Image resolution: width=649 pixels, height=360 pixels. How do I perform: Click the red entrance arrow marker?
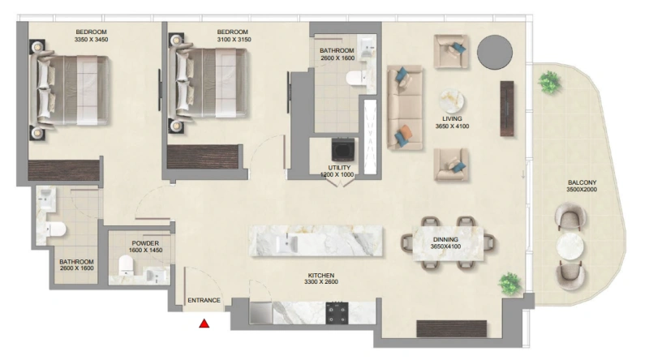coord(204,324)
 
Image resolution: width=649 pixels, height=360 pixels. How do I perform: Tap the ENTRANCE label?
coord(204,301)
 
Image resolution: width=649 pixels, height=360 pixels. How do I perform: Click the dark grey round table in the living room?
coord(494,54)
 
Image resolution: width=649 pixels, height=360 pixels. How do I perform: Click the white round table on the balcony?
coord(570,246)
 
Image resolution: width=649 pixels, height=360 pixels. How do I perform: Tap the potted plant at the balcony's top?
coord(550,82)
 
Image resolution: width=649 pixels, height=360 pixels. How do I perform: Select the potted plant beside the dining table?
coord(509,283)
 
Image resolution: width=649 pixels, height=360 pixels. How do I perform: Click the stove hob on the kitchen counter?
coord(337,312)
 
